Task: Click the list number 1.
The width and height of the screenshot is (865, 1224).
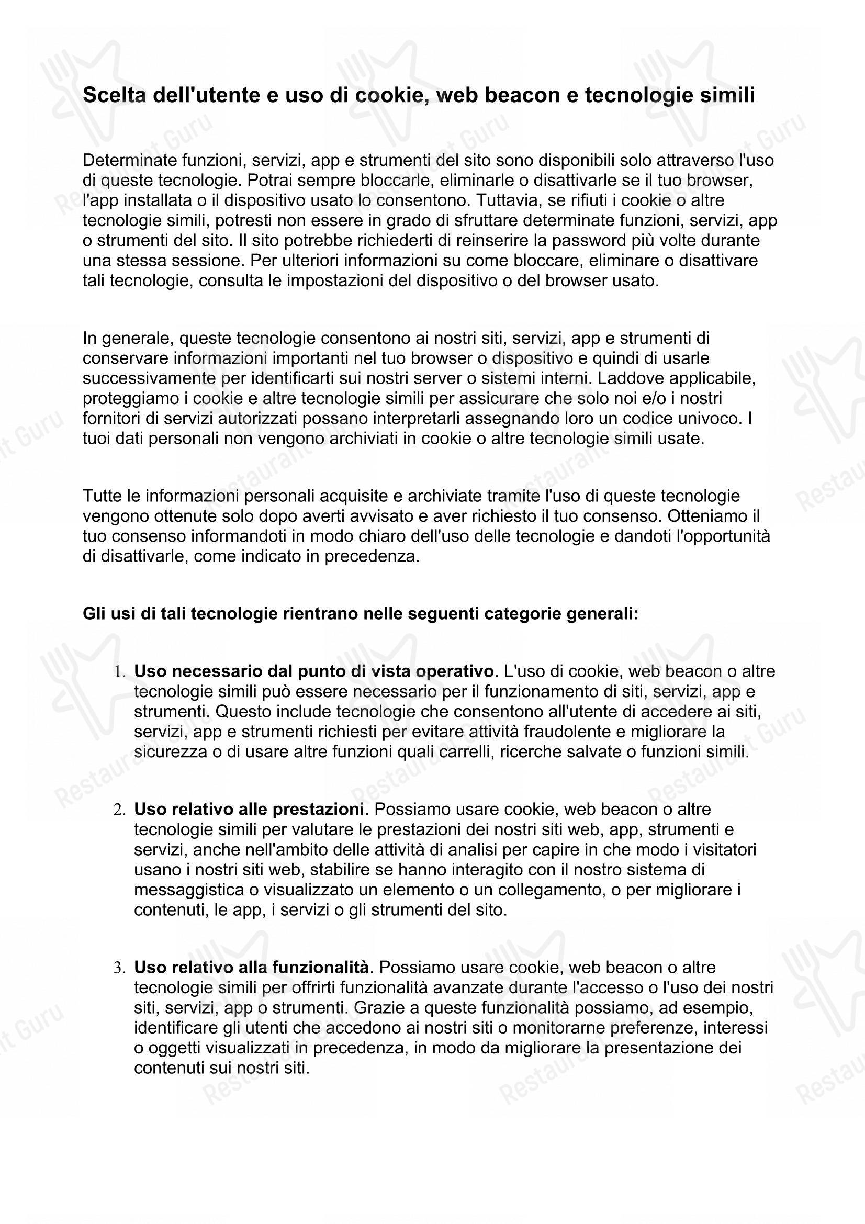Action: click(119, 672)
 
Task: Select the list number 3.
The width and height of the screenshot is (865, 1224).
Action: click(119, 968)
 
